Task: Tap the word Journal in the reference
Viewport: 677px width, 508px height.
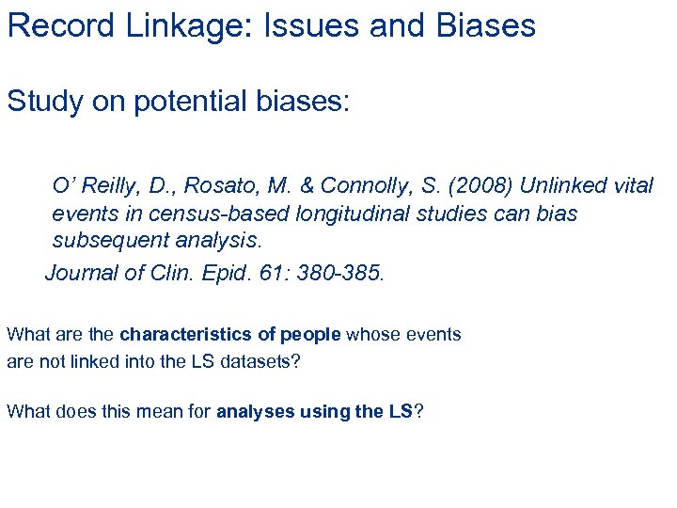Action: coord(82,273)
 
